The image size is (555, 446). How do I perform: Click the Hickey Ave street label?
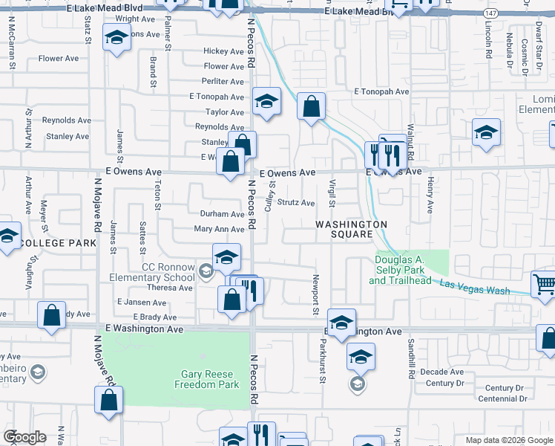(x=224, y=51)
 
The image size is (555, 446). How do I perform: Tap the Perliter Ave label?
(x=223, y=82)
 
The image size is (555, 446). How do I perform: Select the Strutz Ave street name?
(x=296, y=203)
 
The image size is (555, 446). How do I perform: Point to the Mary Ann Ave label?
(x=219, y=230)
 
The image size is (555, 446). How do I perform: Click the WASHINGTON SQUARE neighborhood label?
(x=351, y=229)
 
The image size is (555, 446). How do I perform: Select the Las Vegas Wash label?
(x=475, y=287)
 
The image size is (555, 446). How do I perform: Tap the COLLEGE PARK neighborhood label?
(x=59, y=244)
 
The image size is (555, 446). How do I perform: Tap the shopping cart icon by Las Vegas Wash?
(x=544, y=285)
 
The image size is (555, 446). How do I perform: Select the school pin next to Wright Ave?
(x=116, y=38)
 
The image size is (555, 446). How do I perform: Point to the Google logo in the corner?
(x=24, y=437)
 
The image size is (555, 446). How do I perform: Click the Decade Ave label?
(x=441, y=372)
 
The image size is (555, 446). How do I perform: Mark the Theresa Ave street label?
(x=170, y=288)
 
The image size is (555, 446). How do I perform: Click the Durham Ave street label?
(x=222, y=214)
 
